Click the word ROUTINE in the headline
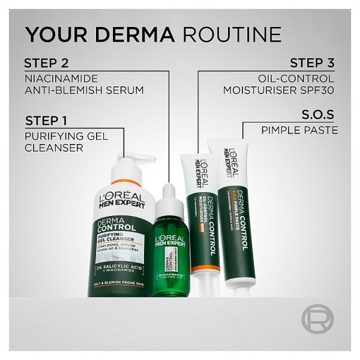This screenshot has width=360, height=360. tap(232, 34)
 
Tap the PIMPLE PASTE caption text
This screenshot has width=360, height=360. tap(299, 130)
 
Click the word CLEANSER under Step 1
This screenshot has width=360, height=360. tap(53, 148)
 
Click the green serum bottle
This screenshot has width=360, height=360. tap(172, 258)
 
